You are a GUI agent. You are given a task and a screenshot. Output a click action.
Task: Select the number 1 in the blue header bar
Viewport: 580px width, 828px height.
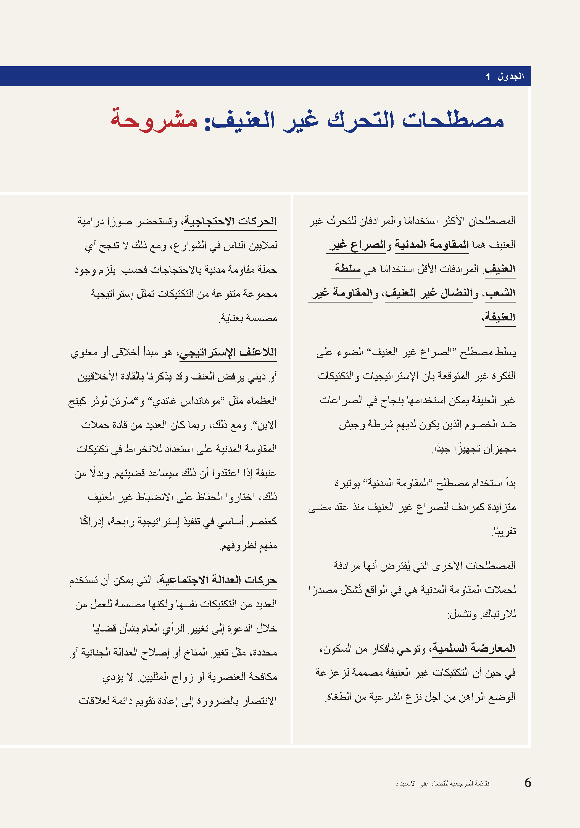click(488, 77)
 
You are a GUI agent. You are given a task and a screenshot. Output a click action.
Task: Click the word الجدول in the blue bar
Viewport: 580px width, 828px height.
click(511, 76)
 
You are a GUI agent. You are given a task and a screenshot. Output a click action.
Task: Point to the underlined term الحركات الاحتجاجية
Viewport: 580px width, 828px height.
click(231, 221)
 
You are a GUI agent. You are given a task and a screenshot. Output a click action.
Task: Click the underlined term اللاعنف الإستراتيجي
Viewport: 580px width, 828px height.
click(228, 352)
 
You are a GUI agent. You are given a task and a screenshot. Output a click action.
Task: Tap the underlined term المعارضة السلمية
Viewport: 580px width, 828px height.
click(474, 648)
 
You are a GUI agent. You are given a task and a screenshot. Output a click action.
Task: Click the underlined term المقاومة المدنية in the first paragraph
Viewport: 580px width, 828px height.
click(432, 245)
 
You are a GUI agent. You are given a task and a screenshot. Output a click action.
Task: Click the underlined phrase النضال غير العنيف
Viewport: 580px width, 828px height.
click(429, 293)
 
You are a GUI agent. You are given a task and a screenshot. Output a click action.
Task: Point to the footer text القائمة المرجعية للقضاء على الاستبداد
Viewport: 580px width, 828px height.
click(442, 783)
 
